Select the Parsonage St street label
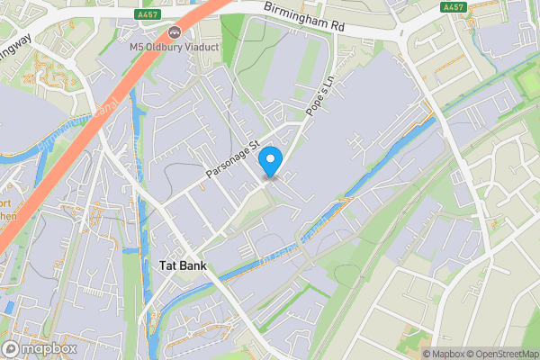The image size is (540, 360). (232, 157)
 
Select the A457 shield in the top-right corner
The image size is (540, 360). (453, 6)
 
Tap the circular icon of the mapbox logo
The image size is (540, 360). (12, 347)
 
